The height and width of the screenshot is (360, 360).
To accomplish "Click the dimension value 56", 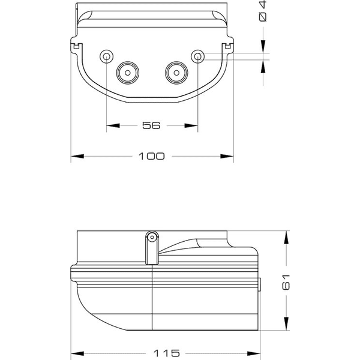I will point(152,125).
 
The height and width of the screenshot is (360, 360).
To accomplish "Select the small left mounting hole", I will point(106,56).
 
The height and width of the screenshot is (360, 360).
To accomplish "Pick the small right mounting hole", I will point(198,56).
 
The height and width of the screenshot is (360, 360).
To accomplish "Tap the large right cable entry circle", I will point(176,72).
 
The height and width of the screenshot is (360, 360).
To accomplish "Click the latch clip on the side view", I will point(152,247).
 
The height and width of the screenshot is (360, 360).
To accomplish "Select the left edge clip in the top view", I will point(75,46).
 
